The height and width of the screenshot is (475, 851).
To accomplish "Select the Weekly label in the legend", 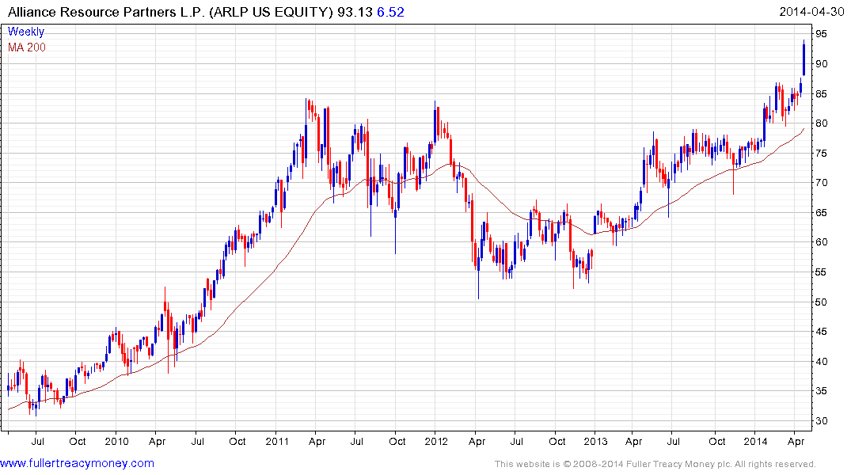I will (26, 32).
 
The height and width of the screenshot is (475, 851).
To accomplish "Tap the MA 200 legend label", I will (27, 47).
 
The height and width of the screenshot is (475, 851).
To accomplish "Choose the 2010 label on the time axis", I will (116, 440).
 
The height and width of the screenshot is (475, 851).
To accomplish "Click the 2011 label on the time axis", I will (276, 440).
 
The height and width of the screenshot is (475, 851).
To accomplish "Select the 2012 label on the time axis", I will (436, 440).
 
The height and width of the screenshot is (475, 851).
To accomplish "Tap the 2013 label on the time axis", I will (596, 440).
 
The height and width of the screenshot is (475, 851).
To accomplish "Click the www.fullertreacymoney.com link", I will (77, 463).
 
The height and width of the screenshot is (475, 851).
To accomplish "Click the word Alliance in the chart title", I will (32, 11).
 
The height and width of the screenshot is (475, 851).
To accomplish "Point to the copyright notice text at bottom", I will (655, 464).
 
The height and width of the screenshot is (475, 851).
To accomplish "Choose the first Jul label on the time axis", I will (36, 440).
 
